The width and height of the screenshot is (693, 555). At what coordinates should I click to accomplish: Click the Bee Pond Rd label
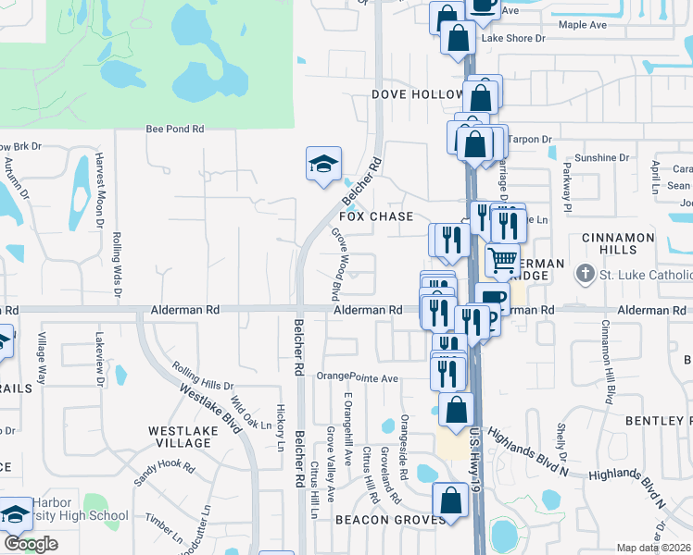174,130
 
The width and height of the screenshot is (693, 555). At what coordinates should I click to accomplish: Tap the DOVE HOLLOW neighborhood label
417,95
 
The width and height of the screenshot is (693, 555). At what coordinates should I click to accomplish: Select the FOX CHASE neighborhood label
375,216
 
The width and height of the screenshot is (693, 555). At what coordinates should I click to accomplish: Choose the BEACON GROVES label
378,521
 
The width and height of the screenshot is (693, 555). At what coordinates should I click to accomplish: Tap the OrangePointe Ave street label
357,376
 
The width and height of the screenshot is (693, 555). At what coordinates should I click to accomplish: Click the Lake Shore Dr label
513,39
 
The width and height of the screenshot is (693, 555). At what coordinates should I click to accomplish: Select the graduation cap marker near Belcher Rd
323,164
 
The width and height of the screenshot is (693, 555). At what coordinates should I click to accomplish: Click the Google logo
31,544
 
